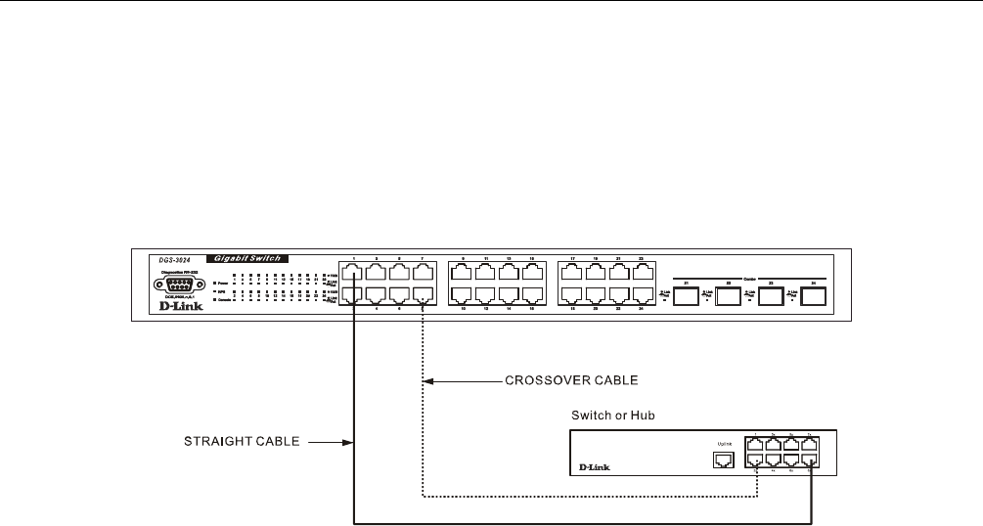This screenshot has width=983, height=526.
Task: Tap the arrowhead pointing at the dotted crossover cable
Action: [431, 379]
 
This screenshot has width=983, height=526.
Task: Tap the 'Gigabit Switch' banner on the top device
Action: [244, 258]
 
